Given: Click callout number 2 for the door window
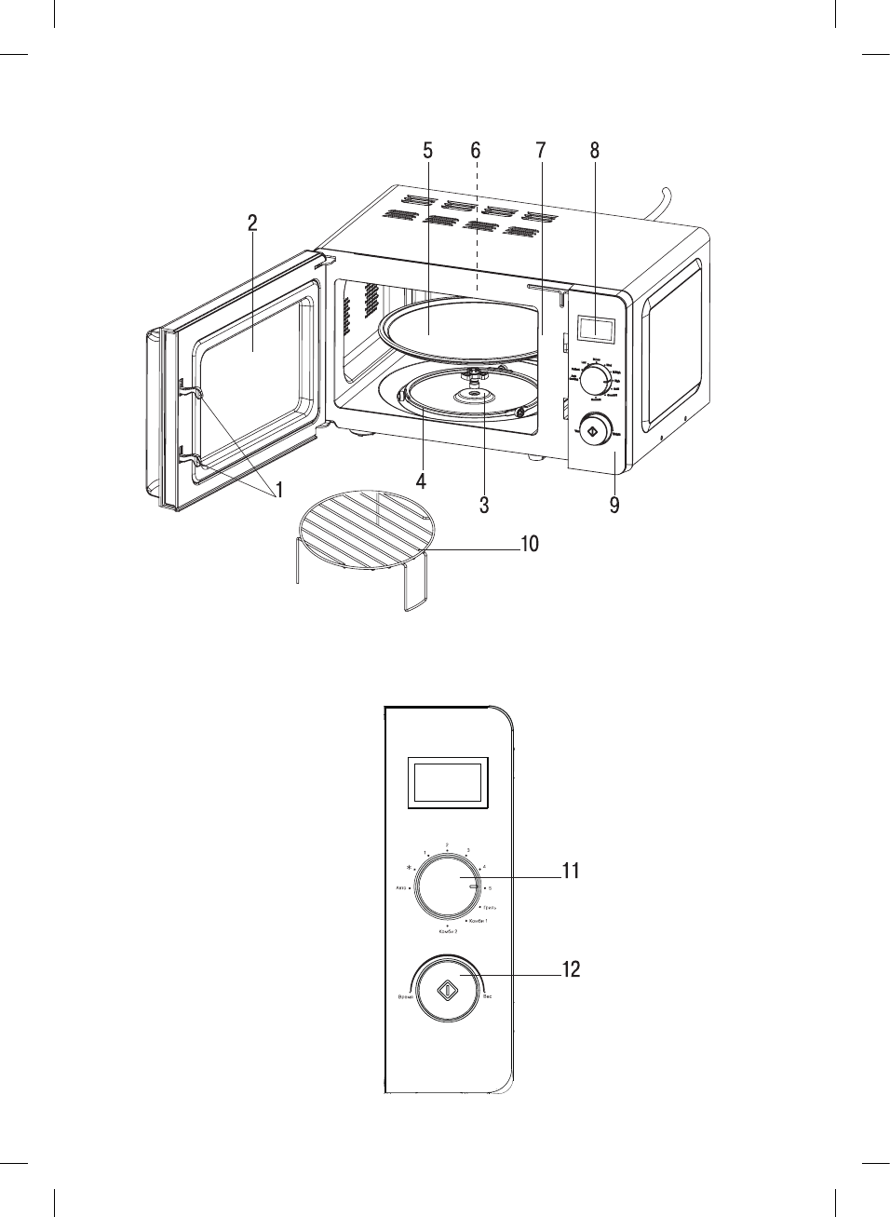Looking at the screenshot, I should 252,223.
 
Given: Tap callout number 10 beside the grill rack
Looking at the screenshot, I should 529,543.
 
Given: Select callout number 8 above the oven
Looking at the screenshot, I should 594,151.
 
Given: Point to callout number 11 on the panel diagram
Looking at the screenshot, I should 571,871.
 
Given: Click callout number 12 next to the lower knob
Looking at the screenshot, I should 571,969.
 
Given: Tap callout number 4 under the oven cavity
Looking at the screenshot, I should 422,481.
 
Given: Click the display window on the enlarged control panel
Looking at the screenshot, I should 449,780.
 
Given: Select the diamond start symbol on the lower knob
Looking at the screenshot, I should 448,990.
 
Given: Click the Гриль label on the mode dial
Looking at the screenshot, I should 489,906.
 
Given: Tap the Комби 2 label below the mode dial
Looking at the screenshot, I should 448,931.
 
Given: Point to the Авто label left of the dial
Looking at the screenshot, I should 400,889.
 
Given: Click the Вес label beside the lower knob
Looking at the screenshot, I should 488,997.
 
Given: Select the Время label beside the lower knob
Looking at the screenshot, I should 405,997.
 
